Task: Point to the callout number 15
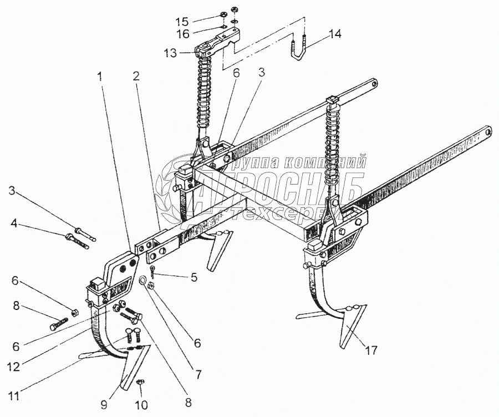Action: point(182,22)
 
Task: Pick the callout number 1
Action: point(100,78)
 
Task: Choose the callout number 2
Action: point(135,77)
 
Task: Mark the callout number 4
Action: point(14,224)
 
